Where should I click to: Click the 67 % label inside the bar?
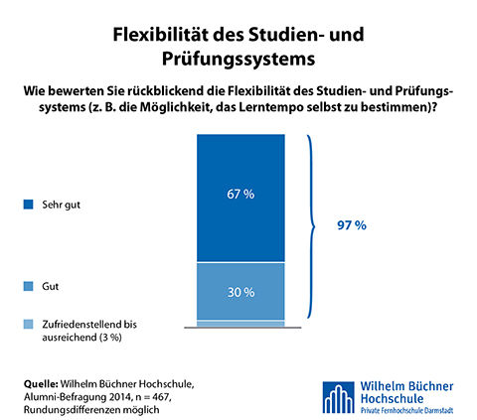(x=240, y=194)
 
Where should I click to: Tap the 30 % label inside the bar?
(x=240, y=292)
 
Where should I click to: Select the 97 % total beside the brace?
(x=352, y=225)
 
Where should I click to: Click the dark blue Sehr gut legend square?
(x=28, y=205)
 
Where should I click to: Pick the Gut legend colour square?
(x=28, y=286)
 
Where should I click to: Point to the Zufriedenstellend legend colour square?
(x=28, y=324)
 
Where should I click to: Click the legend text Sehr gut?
(x=61, y=205)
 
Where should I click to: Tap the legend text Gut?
(x=50, y=286)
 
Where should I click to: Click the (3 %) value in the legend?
(x=110, y=338)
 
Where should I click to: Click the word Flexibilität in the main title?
(x=161, y=35)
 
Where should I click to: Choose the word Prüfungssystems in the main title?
(x=238, y=59)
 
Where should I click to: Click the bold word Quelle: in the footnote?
(x=41, y=384)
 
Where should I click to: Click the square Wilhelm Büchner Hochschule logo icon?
(x=339, y=397)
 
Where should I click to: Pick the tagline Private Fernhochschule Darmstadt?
(x=406, y=410)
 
